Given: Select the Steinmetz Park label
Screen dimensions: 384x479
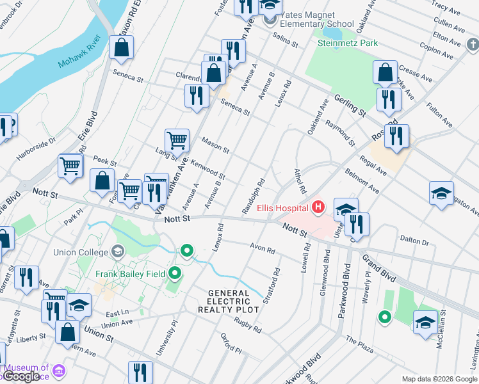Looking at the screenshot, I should (x=348, y=43).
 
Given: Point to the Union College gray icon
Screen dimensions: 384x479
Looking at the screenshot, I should (x=117, y=250).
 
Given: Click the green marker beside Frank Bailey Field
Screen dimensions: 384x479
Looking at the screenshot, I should (x=175, y=275).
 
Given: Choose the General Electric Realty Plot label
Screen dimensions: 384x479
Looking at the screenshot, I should (x=233, y=301).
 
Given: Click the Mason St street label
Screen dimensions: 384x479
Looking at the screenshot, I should (x=216, y=144).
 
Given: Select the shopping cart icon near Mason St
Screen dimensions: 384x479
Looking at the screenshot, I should (x=177, y=140).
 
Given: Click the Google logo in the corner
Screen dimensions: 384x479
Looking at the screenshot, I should (x=21, y=377).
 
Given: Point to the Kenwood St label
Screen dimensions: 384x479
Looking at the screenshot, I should (x=207, y=170).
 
